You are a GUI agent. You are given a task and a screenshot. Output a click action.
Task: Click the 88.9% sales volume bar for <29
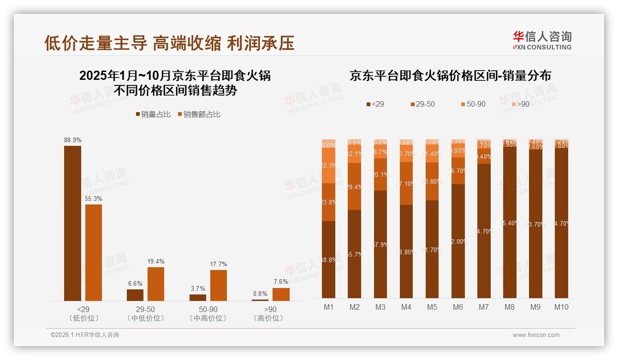click(x=72, y=223)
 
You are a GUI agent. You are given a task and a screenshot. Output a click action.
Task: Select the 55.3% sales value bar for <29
click(x=94, y=252)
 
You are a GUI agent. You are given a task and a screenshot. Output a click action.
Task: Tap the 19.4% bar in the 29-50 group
click(x=156, y=284)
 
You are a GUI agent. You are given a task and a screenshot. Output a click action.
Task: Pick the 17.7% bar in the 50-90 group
click(x=219, y=285)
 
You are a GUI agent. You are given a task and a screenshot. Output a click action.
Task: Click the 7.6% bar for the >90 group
click(x=281, y=294)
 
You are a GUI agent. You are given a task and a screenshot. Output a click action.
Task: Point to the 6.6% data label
click(x=135, y=283)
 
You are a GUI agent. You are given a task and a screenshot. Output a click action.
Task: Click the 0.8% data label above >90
click(x=260, y=294)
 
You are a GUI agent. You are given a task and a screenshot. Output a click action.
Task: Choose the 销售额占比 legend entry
click(x=199, y=114)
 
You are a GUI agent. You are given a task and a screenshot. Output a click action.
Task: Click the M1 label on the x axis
click(x=328, y=307)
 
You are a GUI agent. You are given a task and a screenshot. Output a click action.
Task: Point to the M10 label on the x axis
click(x=561, y=307)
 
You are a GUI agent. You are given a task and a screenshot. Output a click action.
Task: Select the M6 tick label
click(x=458, y=307)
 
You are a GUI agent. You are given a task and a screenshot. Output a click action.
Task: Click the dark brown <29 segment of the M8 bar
click(x=510, y=222)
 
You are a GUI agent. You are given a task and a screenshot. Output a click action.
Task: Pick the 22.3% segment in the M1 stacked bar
click(x=328, y=165)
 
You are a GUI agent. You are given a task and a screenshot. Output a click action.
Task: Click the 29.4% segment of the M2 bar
click(x=354, y=186)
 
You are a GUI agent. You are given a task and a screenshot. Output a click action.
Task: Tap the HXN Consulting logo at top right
click(x=542, y=40)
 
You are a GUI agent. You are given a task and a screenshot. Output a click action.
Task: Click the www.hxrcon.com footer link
click(x=536, y=335)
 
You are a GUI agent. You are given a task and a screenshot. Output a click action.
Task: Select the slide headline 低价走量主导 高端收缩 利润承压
click(x=169, y=43)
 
